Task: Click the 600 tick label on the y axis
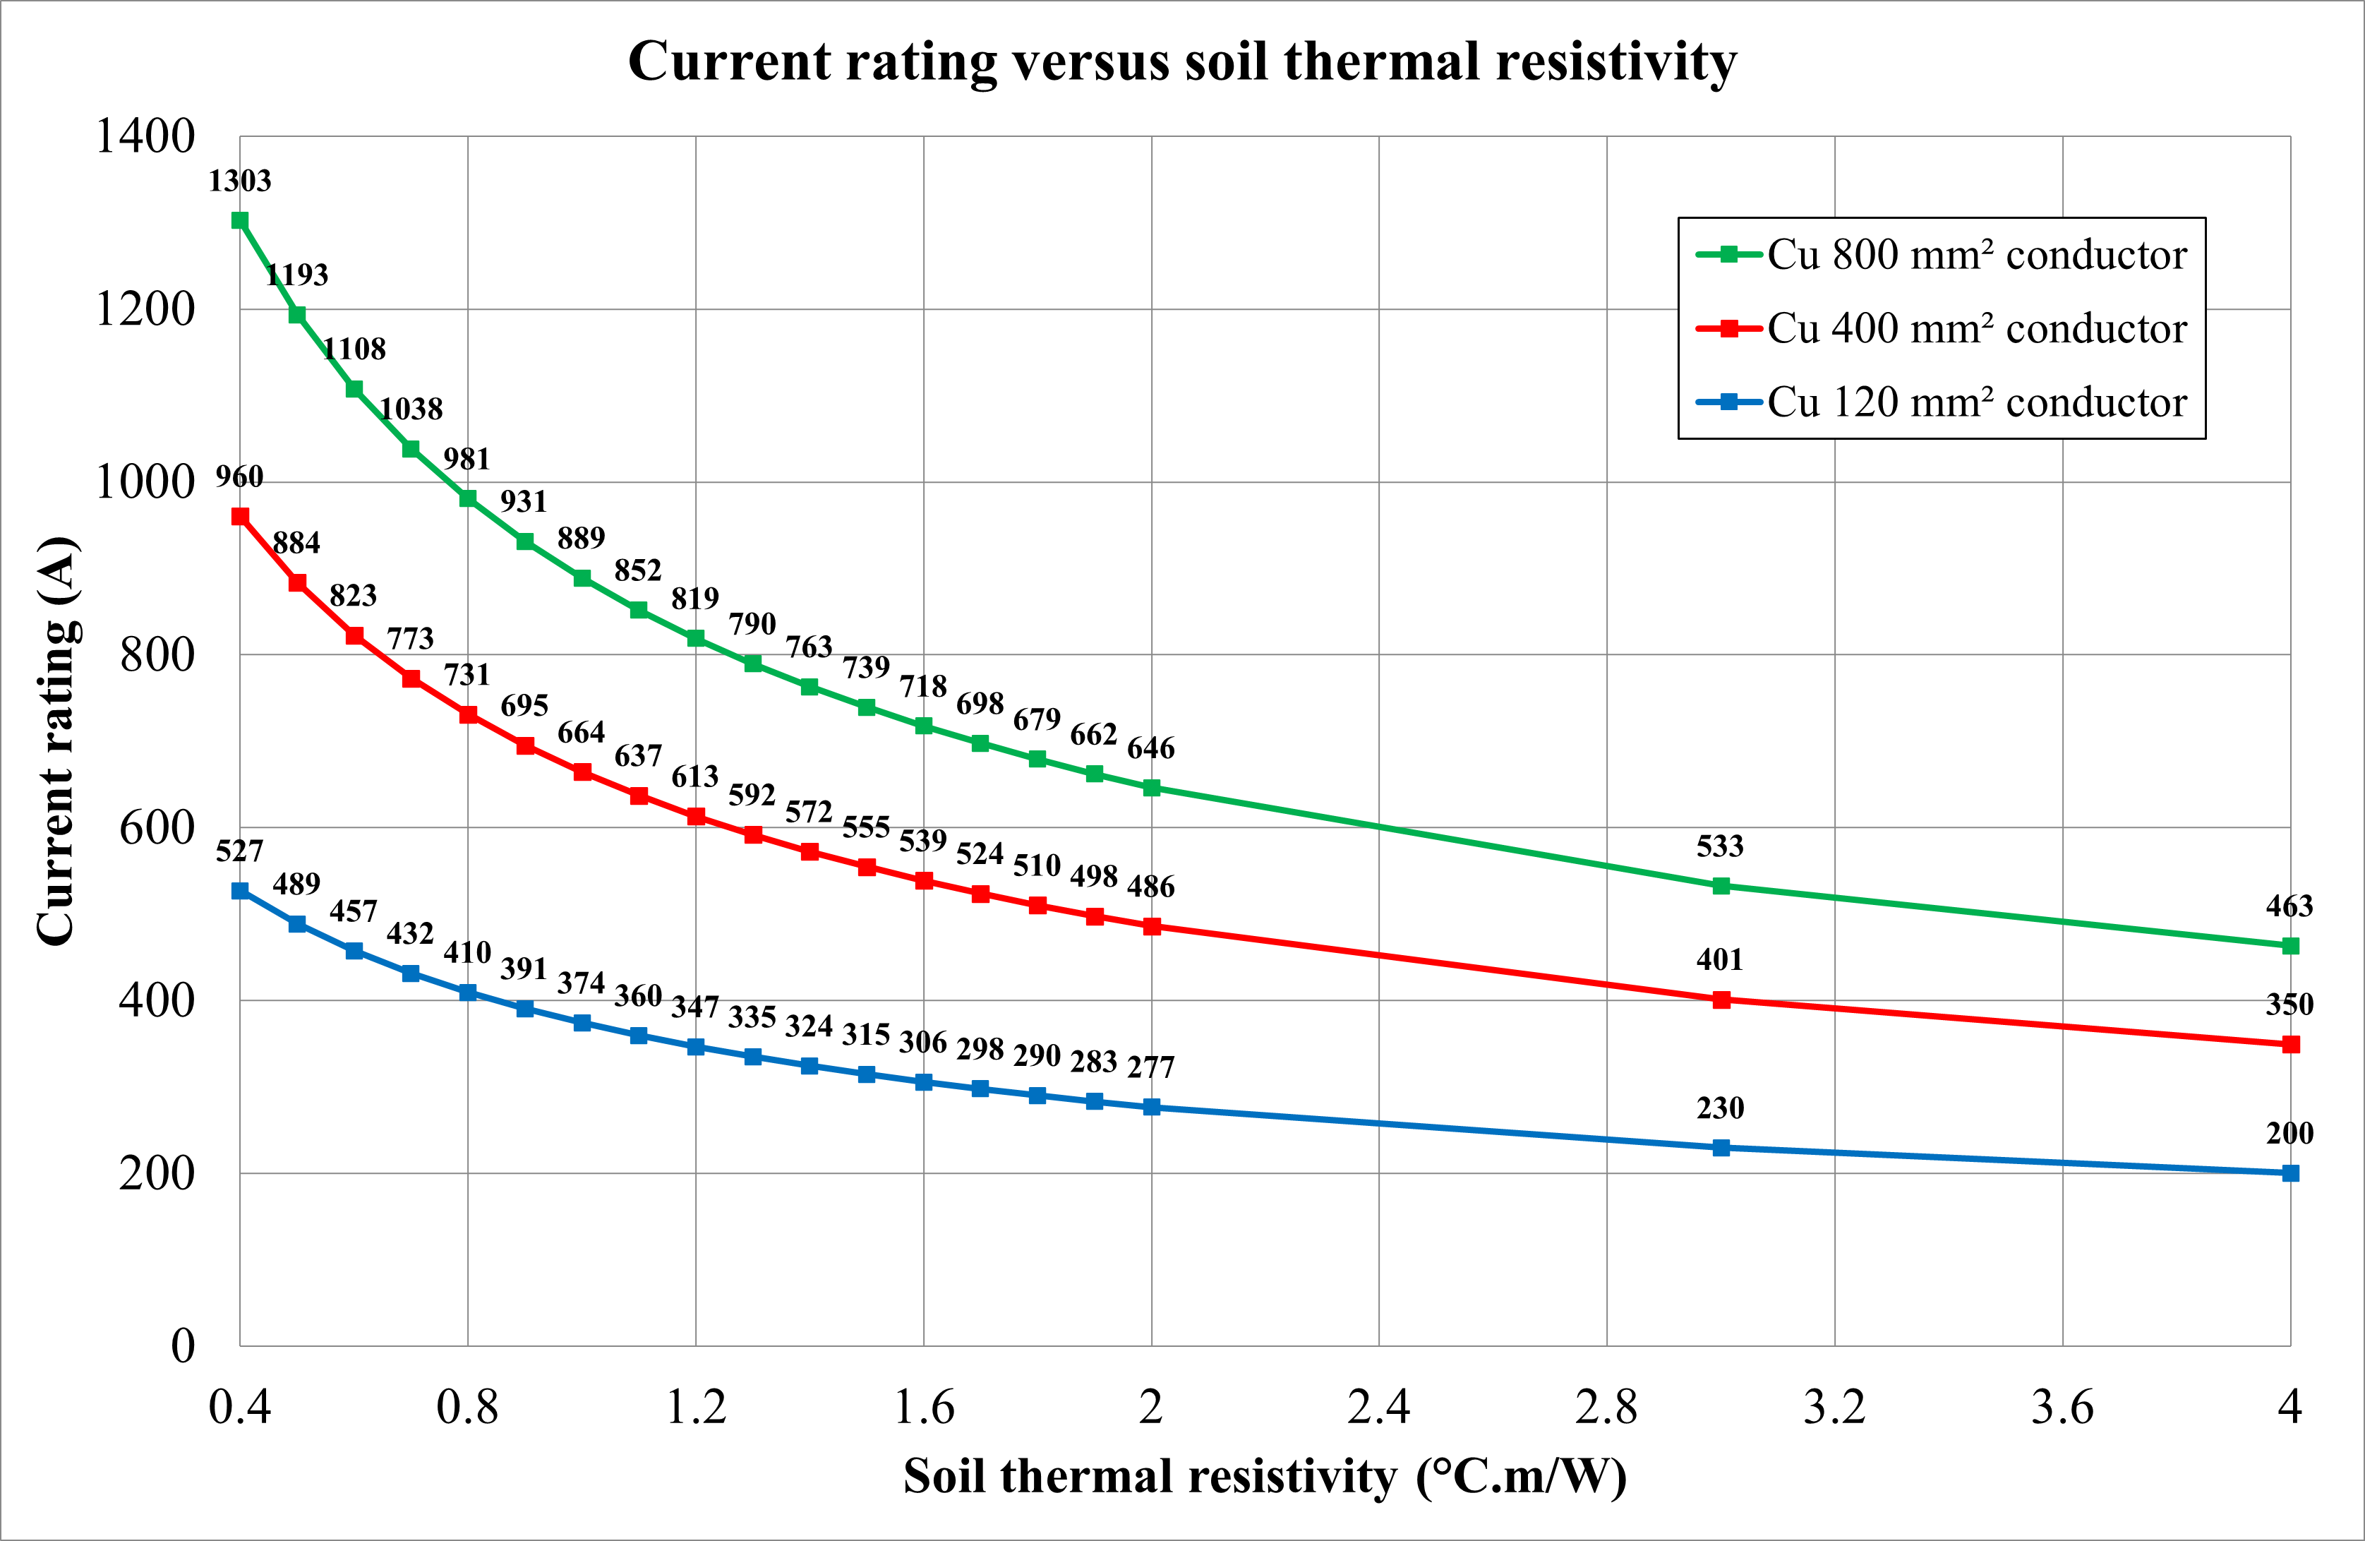pyautogui.click(x=156, y=827)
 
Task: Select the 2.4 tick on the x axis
pyautogui.click(x=1378, y=1407)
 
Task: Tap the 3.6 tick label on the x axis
pyautogui.click(x=2062, y=1407)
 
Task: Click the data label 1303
pyautogui.click(x=239, y=181)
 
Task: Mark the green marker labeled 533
pyautogui.click(x=1721, y=886)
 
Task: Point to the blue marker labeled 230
pyautogui.click(x=1721, y=1147)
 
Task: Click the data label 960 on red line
pyautogui.click(x=239, y=477)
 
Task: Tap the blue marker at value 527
pyautogui.click(x=239, y=891)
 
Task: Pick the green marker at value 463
pyautogui.click(x=2290, y=945)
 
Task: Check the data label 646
pyautogui.click(x=1150, y=748)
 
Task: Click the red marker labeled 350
pyautogui.click(x=2290, y=1044)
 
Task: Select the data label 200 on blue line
pyautogui.click(x=2289, y=1134)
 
